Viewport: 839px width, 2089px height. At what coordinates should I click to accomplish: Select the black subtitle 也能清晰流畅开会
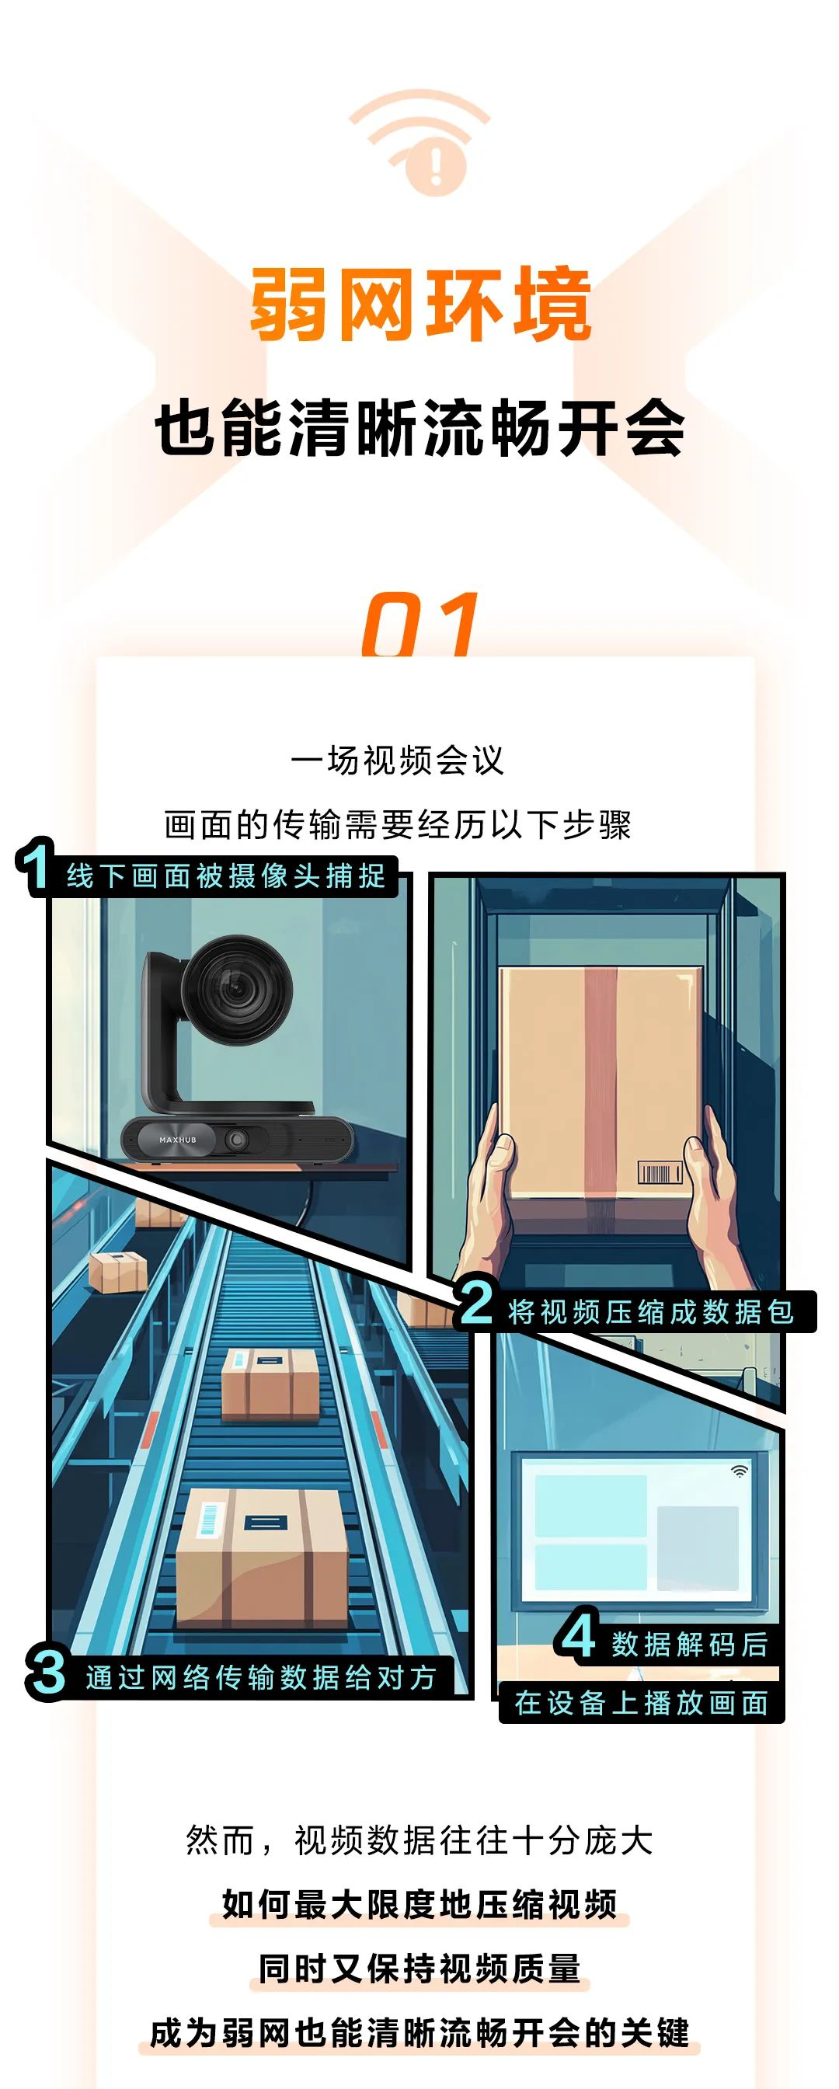point(420,427)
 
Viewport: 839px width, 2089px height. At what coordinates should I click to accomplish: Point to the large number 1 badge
point(36,867)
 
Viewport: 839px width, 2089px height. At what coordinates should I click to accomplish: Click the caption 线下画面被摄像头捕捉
point(226,876)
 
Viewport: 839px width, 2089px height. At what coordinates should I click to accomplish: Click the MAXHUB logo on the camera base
point(178,1140)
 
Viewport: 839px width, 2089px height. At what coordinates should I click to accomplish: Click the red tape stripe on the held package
point(601,1087)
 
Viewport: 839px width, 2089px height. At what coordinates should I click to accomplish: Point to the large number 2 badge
point(477,1302)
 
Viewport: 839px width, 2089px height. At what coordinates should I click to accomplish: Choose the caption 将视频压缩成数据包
point(650,1311)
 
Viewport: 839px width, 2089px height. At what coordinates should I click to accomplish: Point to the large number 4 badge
point(579,1635)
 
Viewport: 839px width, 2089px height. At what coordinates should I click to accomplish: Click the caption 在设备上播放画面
point(641,1703)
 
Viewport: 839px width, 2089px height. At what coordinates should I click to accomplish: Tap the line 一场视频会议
point(397,761)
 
